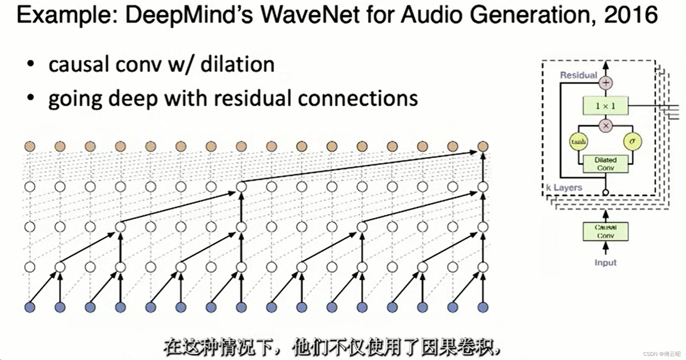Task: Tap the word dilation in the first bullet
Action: coord(237,64)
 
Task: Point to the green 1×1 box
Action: coord(605,106)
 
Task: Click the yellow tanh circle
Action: coord(578,142)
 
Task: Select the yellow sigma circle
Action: coord(632,141)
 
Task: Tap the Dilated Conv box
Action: coord(605,164)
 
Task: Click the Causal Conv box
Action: coord(605,231)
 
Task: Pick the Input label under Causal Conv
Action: coord(605,263)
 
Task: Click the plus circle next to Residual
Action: coord(606,83)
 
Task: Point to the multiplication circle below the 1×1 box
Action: coord(606,126)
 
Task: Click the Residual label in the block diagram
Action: coord(578,75)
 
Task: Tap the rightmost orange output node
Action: coord(483,146)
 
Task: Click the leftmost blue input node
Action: coord(30,307)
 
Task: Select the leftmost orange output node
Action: coord(30,146)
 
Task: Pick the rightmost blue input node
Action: coord(483,307)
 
